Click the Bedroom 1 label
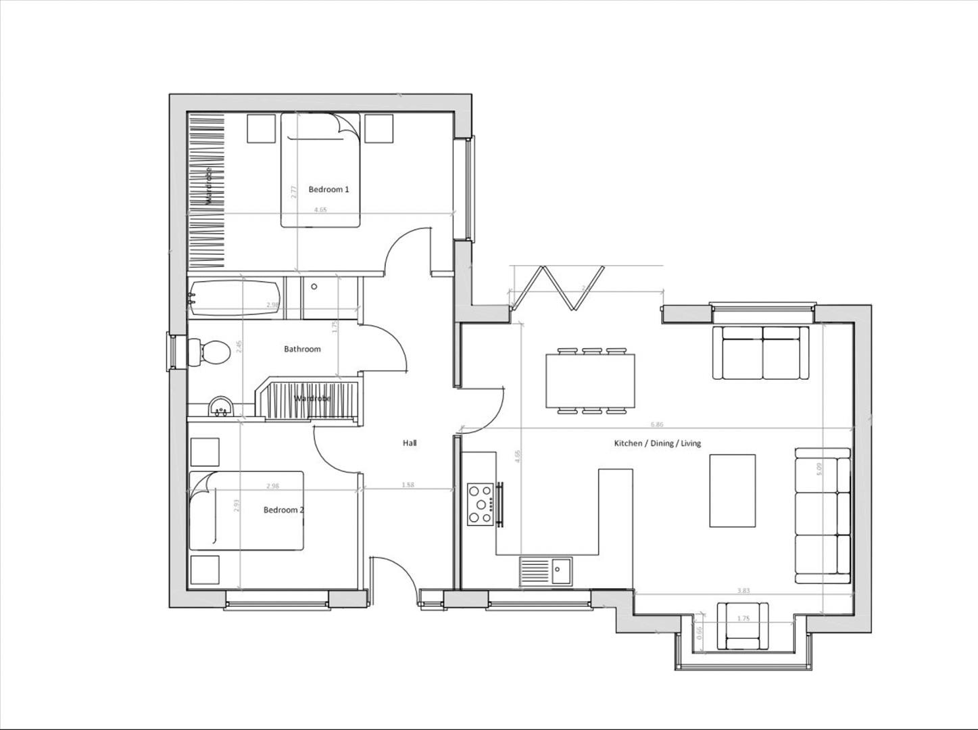coord(328,189)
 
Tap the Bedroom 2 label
coord(283,510)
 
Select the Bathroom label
coord(302,349)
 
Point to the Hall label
coord(410,443)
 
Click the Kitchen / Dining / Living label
coord(657,443)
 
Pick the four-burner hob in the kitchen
coord(481,504)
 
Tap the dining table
coord(590,381)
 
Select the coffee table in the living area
coord(732,490)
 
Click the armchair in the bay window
coord(743,626)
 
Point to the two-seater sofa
coord(762,352)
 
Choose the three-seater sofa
coord(823,515)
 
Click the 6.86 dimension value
coord(656,424)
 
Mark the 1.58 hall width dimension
coord(408,485)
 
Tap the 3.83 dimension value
coord(743,591)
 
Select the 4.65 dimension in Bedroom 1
coord(320,210)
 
